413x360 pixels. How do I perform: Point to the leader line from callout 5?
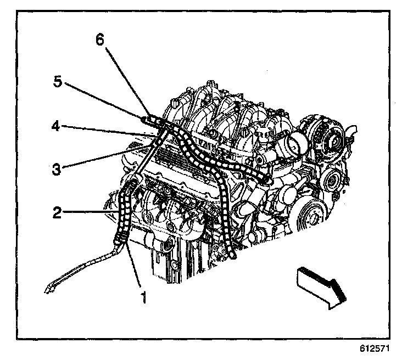click(x=104, y=101)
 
